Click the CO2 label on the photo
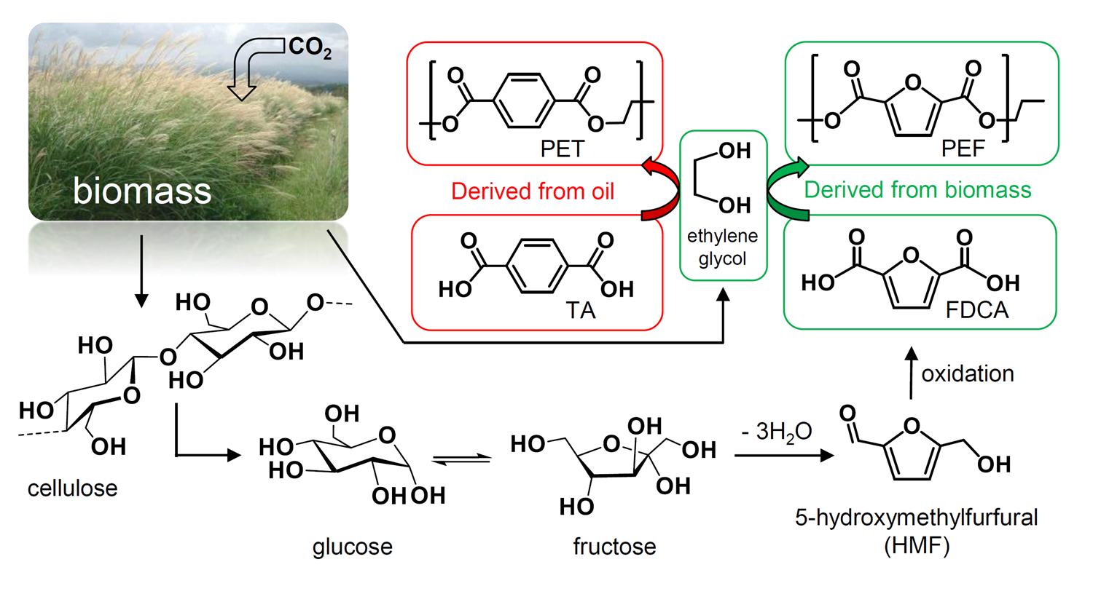(x=310, y=47)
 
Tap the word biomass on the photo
(x=142, y=191)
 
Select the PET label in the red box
(x=562, y=149)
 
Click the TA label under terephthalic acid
(x=581, y=311)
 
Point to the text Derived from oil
(x=533, y=191)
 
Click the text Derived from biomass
(x=917, y=190)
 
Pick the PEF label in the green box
(x=963, y=149)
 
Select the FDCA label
(x=976, y=311)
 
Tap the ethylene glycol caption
(x=722, y=247)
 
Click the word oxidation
(x=968, y=374)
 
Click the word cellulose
(x=72, y=488)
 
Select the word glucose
(x=352, y=547)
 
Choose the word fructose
(x=614, y=547)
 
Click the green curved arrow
(x=786, y=191)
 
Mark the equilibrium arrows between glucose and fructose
(x=461, y=459)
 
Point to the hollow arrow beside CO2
(x=248, y=70)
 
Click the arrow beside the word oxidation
(x=911, y=373)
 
